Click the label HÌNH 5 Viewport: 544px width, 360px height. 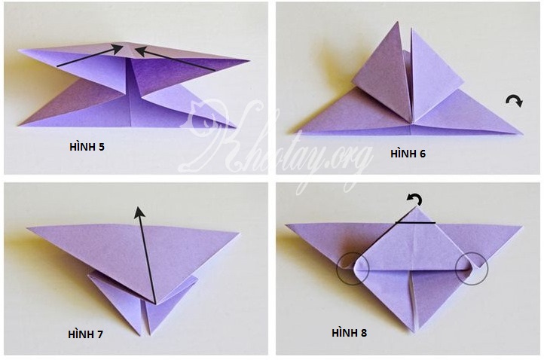87,147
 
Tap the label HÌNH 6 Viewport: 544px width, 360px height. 408,154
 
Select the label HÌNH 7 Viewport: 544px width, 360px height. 85,334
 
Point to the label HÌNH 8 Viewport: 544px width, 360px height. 349,333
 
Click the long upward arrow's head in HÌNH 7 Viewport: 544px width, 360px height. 139,212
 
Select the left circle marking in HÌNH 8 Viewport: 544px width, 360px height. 353,269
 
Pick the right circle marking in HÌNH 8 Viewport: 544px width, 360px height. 472,269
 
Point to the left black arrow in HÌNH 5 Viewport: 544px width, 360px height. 90,55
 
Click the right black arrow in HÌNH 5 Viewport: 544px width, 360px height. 175,59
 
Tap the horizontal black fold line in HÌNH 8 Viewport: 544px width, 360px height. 415,222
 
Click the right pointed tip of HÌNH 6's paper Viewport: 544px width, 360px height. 522,133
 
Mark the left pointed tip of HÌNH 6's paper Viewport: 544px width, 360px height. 289,133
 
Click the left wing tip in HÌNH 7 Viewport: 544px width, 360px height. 28,228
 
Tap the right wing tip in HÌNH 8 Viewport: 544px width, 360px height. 521,227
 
